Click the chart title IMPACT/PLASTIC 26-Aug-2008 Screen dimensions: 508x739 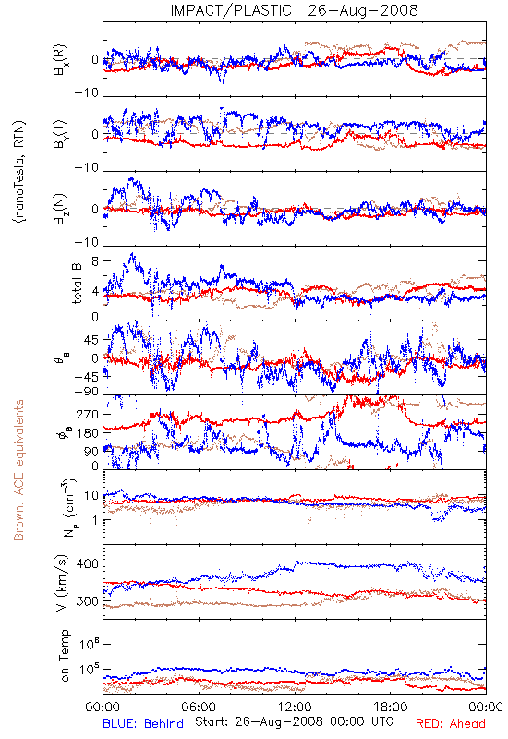pyautogui.click(x=294, y=10)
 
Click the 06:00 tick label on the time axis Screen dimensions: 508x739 pyautogui.click(x=199, y=707)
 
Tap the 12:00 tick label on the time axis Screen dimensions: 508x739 pyautogui.click(x=295, y=707)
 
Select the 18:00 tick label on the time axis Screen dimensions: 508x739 pyautogui.click(x=391, y=707)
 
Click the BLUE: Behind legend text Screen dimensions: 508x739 pyautogui.click(x=143, y=723)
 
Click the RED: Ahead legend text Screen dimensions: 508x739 pyautogui.click(x=450, y=723)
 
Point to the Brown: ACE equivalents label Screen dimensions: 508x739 pyautogui.click(x=18, y=470)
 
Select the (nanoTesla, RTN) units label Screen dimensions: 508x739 pyautogui.click(x=19, y=172)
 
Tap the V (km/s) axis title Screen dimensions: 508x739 pyautogui.click(x=62, y=583)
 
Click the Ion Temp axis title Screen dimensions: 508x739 pyautogui.click(x=64, y=657)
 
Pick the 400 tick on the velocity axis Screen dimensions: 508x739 pyautogui.click(x=87, y=563)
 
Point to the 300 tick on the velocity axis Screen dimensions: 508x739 pyautogui.click(x=87, y=601)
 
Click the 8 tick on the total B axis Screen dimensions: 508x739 pyautogui.click(x=95, y=261)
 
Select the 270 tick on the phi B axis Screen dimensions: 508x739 pyautogui.click(x=87, y=415)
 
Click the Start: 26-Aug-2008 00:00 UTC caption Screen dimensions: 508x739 pyautogui.click(x=294, y=721)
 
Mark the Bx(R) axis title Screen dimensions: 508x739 pyautogui.click(x=60, y=59)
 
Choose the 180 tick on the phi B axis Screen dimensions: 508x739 pyautogui.click(x=87, y=433)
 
